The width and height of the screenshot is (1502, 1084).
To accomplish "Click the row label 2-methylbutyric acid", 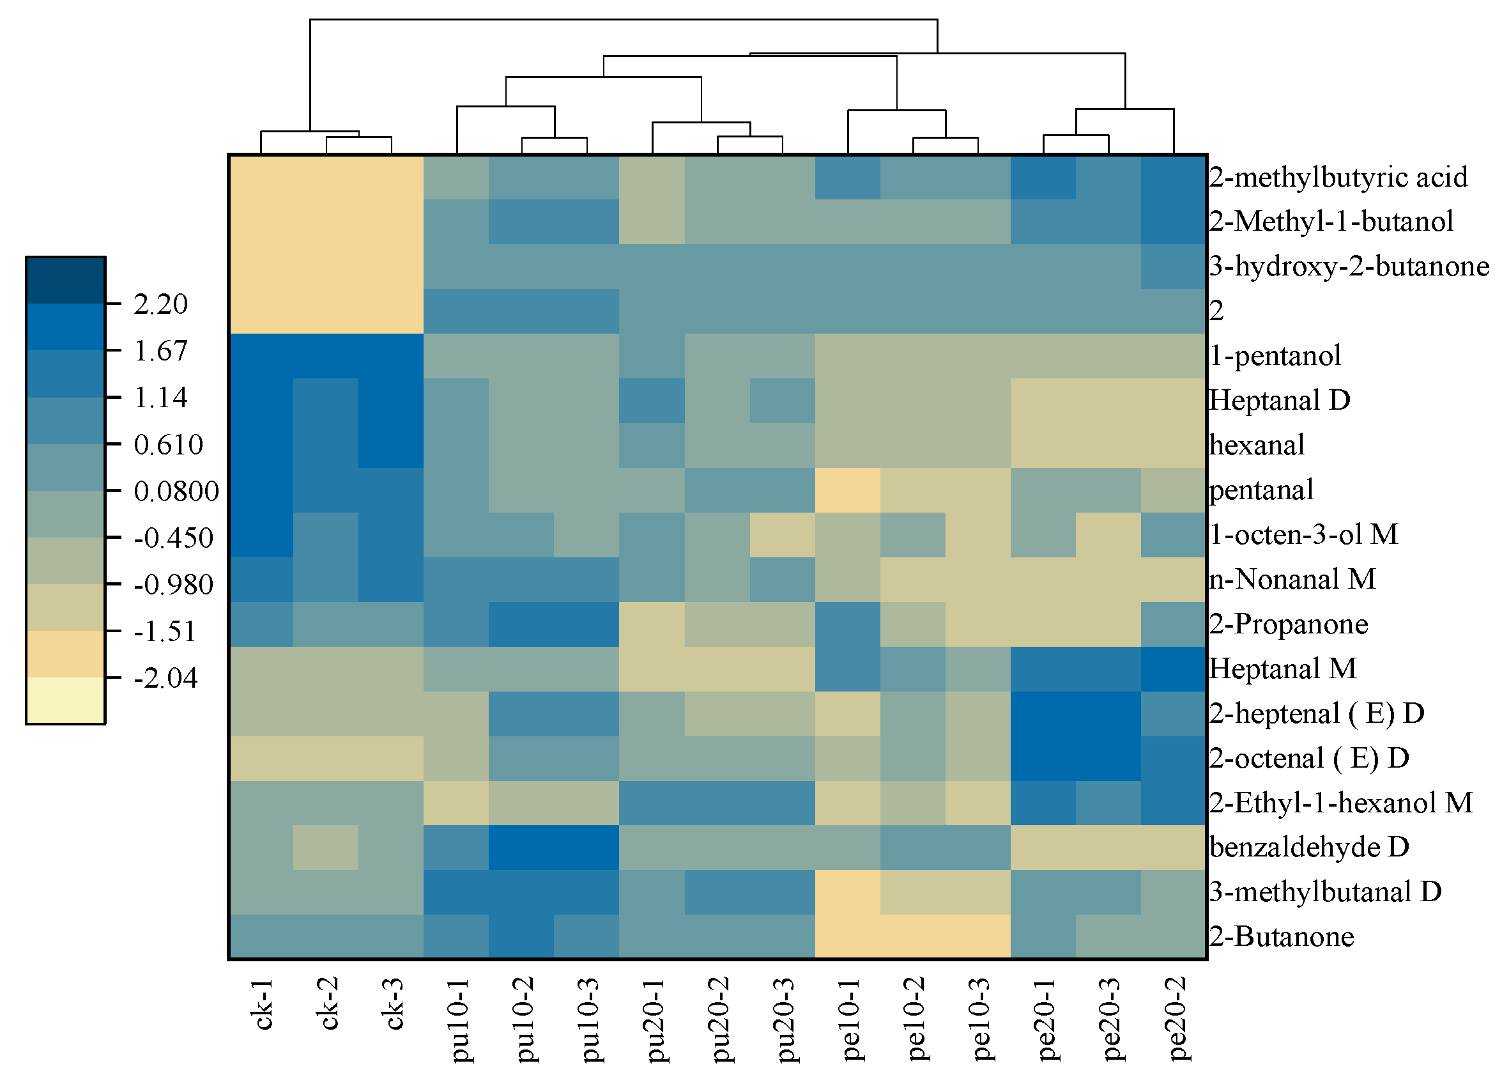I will (x=1338, y=178).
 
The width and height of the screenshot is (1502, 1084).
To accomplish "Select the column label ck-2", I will (x=329, y=1003).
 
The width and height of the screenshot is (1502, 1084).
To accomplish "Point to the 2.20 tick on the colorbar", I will (x=161, y=304).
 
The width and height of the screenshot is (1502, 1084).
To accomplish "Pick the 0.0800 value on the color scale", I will (x=176, y=491).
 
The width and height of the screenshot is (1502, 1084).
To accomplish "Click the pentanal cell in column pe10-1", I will (x=848, y=490).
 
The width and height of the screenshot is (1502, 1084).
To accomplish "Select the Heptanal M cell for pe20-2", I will (x=1174, y=669).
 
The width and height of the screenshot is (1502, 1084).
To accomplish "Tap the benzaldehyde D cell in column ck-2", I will (x=326, y=848).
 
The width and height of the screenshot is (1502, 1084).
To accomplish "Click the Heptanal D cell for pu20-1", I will (x=652, y=401).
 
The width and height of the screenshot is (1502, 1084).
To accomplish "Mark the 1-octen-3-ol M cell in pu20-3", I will (x=782, y=535).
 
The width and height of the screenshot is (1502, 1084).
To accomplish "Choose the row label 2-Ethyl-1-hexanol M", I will (x=1340, y=803).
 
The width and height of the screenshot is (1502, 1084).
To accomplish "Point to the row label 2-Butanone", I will (x=1281, y=937).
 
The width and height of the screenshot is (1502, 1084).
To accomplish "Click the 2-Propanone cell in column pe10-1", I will (x=848, y=624).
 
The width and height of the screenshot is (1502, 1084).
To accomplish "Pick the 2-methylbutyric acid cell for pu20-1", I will (x=652, y=178).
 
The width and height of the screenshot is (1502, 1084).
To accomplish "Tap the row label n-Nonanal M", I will (x=1291, y=579).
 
